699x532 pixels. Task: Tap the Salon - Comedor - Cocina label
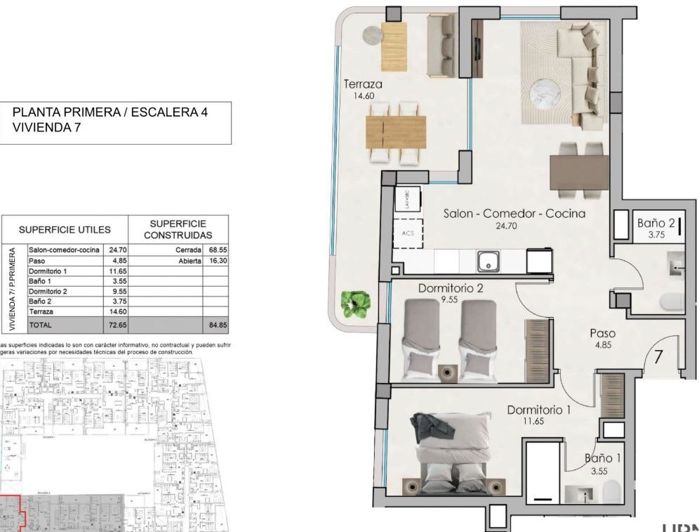pos(514,214)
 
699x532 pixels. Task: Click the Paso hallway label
pos(603,334)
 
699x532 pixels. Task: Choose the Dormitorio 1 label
pos(538,410)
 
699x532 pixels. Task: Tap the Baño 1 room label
pos(604,461)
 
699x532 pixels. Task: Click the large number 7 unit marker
pos(660,354)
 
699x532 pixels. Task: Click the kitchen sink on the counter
pos(487,262)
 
